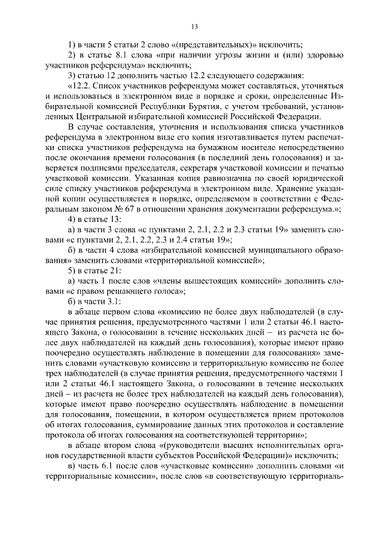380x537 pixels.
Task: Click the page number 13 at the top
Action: tap(194, 26)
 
